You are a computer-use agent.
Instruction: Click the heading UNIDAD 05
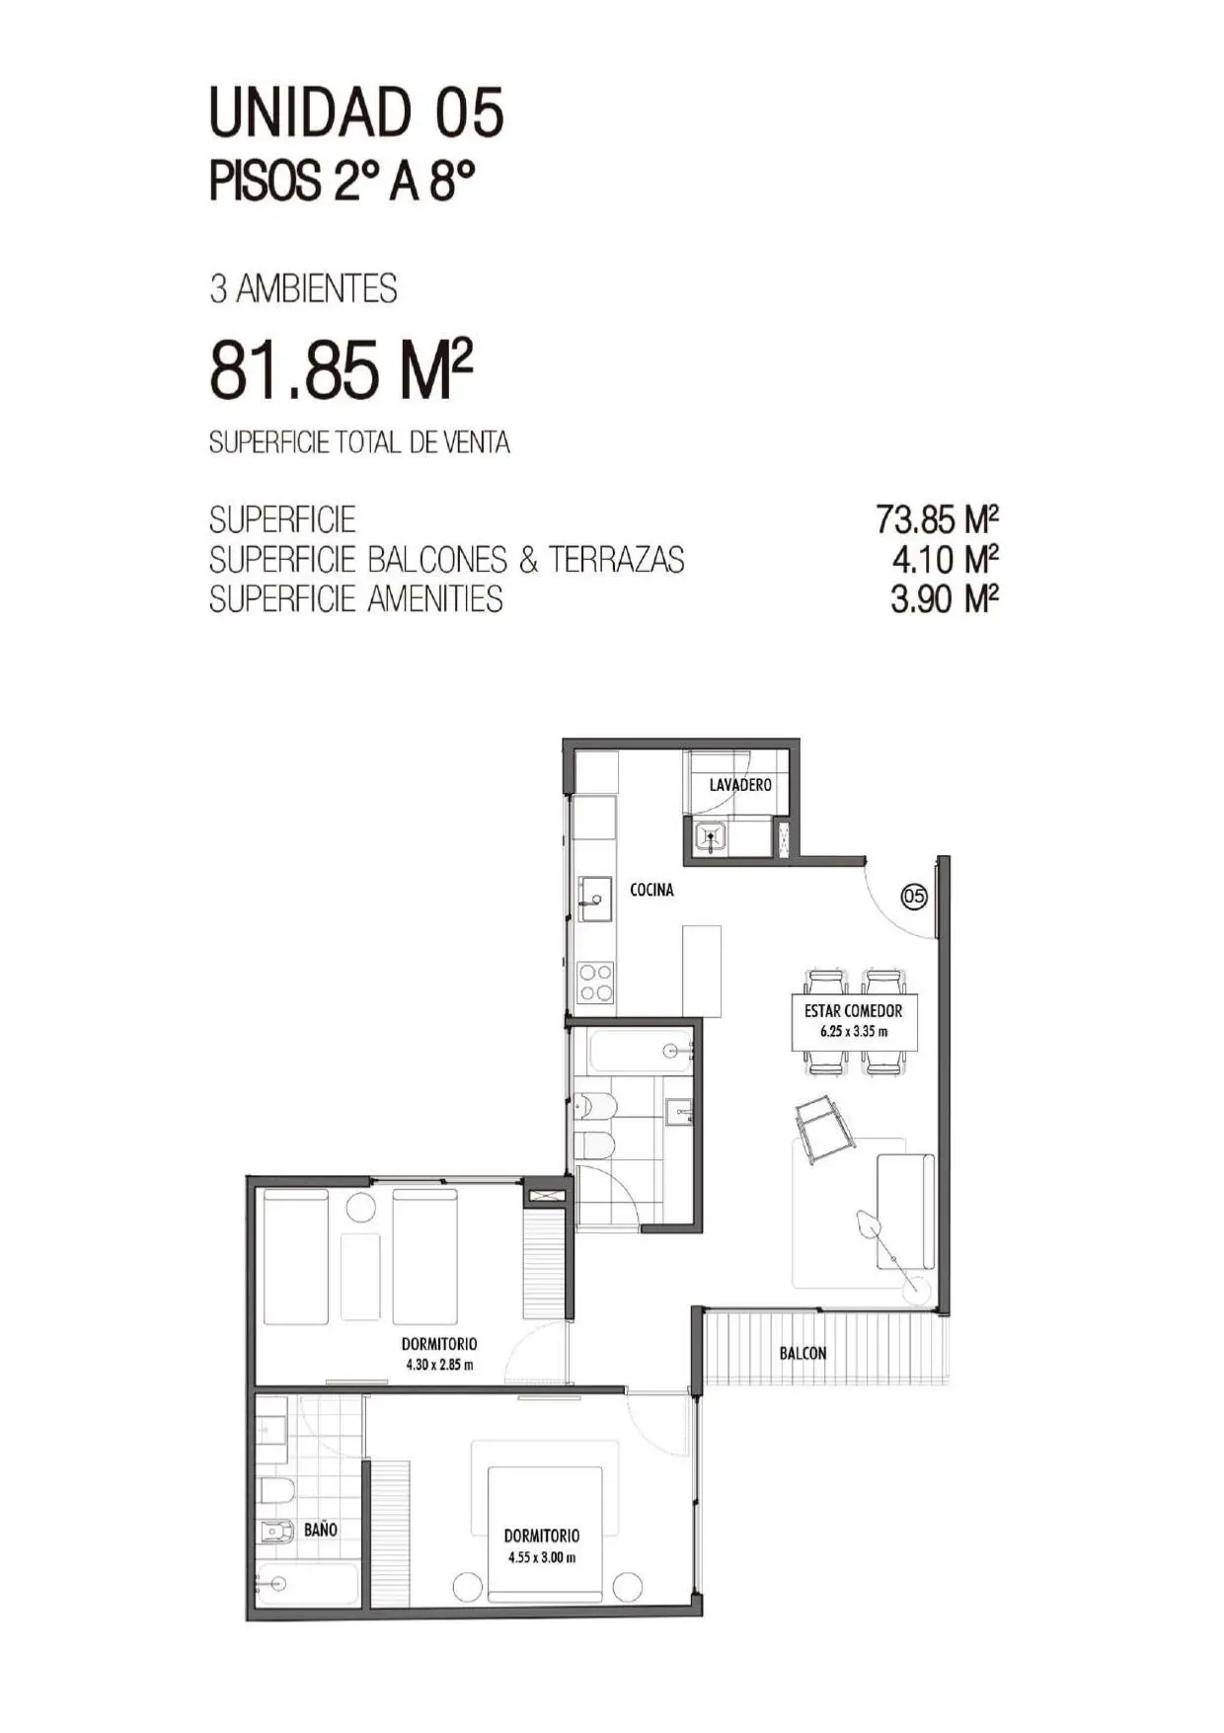click(356, 112)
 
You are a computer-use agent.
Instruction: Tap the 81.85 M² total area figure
click(341, 370)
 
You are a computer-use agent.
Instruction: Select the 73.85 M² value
click(938, 518)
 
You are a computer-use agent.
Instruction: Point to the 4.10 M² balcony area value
click(946, 559)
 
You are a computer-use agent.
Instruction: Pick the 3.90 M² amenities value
click(945, 598)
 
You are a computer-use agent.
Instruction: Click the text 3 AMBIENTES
click(303, 288)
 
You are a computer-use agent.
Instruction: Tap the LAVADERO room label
click(740, 785)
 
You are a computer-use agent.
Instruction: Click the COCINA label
click(651, 890)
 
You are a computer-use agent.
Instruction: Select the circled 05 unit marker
click(914, 897)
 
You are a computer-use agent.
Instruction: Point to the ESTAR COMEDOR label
click(853, 1011)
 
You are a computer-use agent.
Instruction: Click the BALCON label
click(803, 1353)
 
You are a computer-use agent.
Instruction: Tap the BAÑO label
click(321, 1530)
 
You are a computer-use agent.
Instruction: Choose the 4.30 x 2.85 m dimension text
click(439, 1365)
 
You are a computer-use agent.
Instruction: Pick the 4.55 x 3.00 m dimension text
click(542, 1557)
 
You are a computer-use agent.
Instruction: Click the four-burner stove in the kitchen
click(595, 983)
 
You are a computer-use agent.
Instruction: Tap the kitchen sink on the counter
click(594, 899)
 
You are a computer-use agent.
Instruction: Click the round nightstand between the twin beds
click(359, 1206)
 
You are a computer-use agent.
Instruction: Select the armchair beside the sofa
click(825, 1129)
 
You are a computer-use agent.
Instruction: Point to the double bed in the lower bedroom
click(545, 1534)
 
